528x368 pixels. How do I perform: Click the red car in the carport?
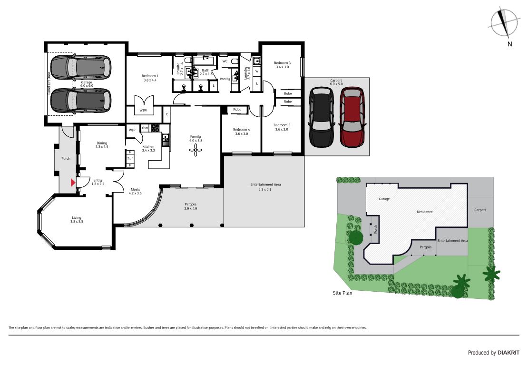[x=352, y=117]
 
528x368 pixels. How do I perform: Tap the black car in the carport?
[x=322, y=117]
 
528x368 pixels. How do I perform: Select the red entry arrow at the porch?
[x=73, y=183]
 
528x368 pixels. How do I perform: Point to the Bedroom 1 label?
[x=150, y=76]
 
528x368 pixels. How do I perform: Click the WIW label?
[x=143, y=110]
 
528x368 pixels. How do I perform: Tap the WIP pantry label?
[x=132, y=130]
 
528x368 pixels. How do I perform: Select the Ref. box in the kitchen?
[x=130, y=159]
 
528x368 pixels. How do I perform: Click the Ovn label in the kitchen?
[x=145, y=128]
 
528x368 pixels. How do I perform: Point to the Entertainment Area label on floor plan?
[x=265, y=184]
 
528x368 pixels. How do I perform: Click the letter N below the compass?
[x=509, y=44]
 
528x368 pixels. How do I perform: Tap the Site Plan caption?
[x=342, y=293]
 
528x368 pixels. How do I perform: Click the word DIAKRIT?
[x=508, y=352]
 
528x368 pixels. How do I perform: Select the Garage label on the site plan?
[x=384, y=199]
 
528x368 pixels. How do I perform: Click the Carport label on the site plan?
[x=480, y=210]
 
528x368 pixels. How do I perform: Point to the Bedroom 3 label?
[x=282, y=63]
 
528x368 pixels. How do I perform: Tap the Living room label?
[x=77, y=217]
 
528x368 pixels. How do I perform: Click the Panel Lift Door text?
[x=49, y=83]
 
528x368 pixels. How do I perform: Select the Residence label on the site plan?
[x=425, y=212]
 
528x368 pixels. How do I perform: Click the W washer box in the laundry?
[x=256, y=71]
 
